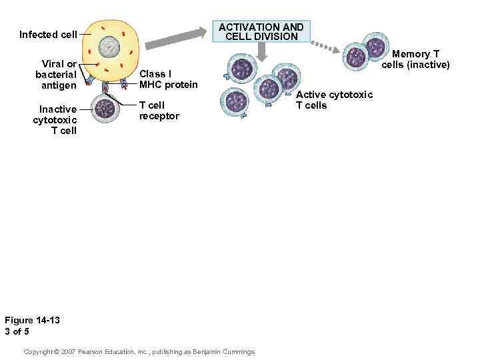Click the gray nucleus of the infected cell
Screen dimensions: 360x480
[109, 47]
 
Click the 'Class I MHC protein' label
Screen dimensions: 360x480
[168, 79]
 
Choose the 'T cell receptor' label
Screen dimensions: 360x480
[159, 111]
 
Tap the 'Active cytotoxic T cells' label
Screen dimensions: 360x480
[334, 100]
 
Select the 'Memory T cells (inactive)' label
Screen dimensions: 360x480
[415, 59]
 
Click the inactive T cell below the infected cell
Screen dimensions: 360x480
[105, 109]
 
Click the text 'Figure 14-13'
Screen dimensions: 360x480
[32, 320]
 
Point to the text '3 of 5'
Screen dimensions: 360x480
[18, 331]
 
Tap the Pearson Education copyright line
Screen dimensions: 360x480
[139, 351]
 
